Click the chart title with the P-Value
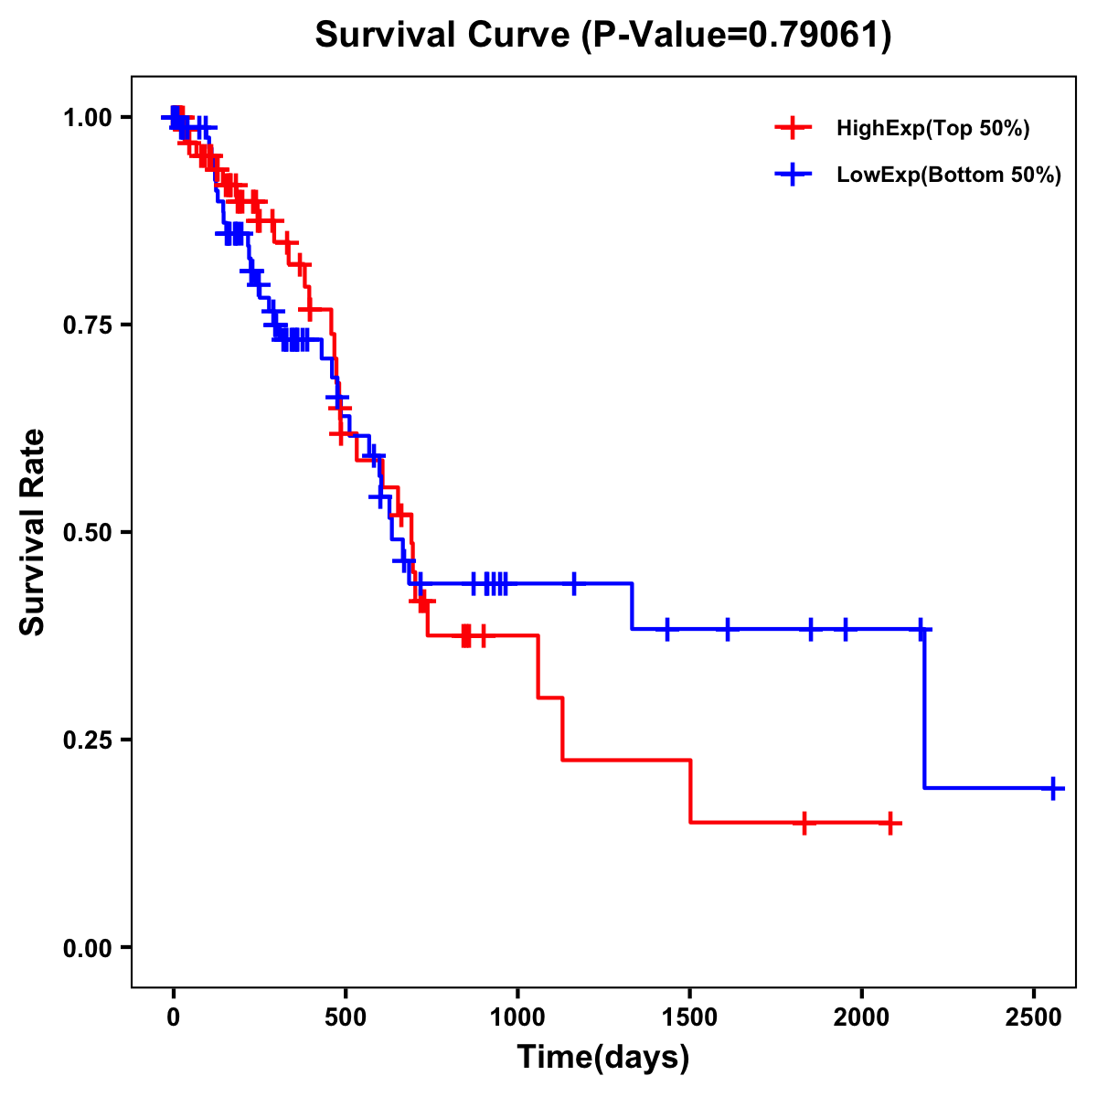coord(602,36)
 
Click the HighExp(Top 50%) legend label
coord(933,129)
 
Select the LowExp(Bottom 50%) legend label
coord(949,176)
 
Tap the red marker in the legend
coord(793,128)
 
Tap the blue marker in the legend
coord(793,175)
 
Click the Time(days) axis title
coord(603,1058)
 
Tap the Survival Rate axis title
coord(33,532)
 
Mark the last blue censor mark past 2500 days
coord(1053,788)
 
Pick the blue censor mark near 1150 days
coord(574,583)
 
